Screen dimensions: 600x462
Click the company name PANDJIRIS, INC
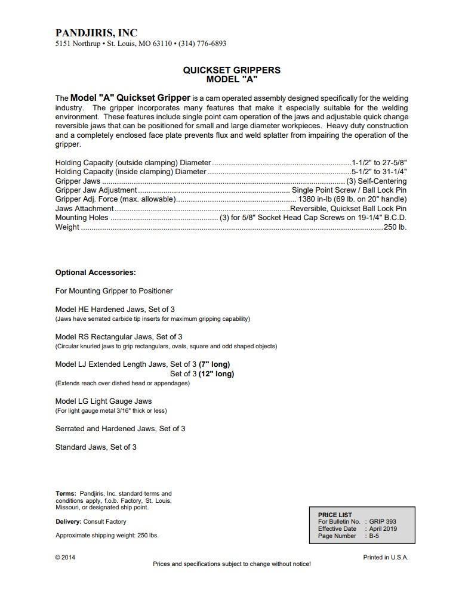tap(96, 33)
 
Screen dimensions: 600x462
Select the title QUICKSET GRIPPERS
tap(232, 70)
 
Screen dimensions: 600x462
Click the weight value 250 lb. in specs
tap(395, 227)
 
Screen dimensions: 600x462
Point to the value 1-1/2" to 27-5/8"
tap(380, 162)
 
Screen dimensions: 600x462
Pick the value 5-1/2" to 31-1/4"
tap(380, 172)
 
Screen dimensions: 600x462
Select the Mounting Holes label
tap(82, 218)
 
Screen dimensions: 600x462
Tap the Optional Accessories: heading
tap(96, 273)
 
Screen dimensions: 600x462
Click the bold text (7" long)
tap(214, 364)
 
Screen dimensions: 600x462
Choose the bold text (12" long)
tap(216, 374)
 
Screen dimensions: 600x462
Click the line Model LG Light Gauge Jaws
tap(103, 401)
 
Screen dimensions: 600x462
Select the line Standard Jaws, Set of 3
tap(96, 447)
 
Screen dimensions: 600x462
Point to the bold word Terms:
tap(66, 493)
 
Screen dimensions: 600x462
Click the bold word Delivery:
tap(69, 522)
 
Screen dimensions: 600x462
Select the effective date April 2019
tap(383, 529)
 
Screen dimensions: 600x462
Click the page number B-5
tap(374, 536)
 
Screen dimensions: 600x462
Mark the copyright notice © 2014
tap(65, 558)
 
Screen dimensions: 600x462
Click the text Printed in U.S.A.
tap(386, 558)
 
